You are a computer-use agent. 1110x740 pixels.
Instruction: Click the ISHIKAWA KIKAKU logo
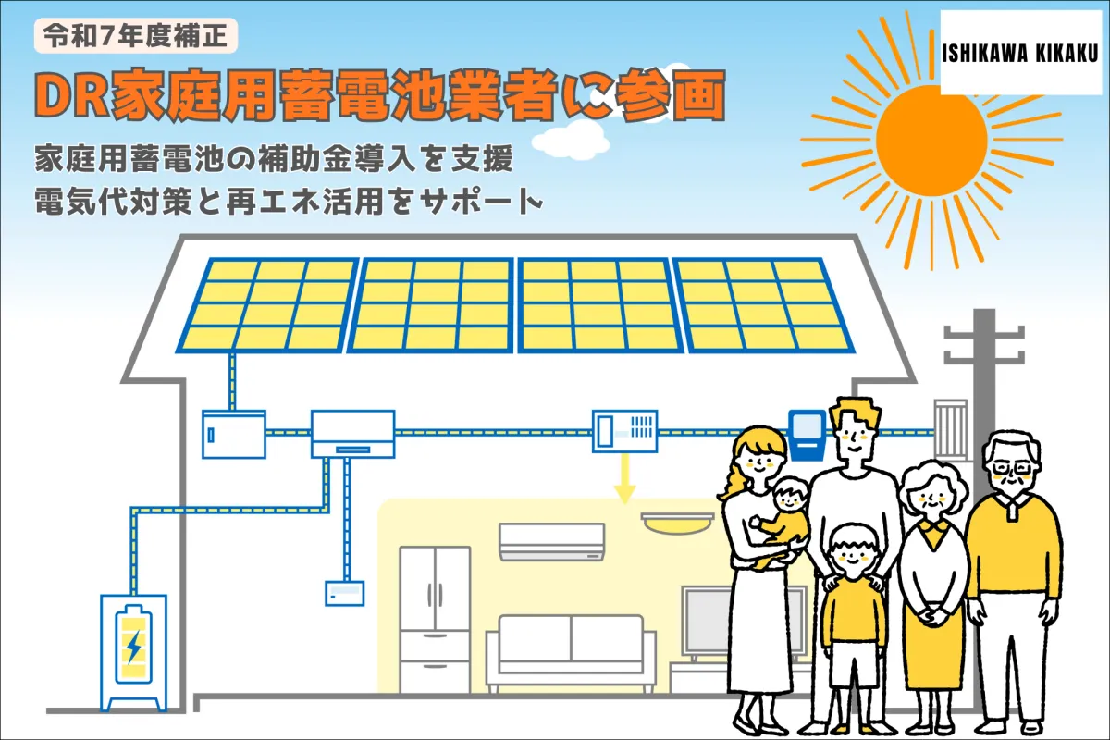click(1020, 53)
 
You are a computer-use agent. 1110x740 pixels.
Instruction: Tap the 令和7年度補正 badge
click(136, 36)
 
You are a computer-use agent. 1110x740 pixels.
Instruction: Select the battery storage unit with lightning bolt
click(134, 653)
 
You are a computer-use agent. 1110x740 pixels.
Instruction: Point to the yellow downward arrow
click(625, 478)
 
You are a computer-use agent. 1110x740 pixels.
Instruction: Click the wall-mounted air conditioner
click(551, 541)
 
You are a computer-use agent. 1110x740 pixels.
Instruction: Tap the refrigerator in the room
click(435, 619)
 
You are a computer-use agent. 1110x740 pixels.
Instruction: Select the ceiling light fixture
click(677, 523)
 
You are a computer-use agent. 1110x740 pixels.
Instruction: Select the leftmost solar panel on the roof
click(267, 305)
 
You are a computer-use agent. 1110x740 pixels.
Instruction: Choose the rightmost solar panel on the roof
click(763, 305)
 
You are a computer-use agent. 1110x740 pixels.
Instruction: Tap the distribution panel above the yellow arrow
click(625, 431)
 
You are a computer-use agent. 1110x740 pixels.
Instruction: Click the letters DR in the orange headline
click(72, 96)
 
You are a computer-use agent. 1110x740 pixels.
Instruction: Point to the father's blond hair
click(856, 413)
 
